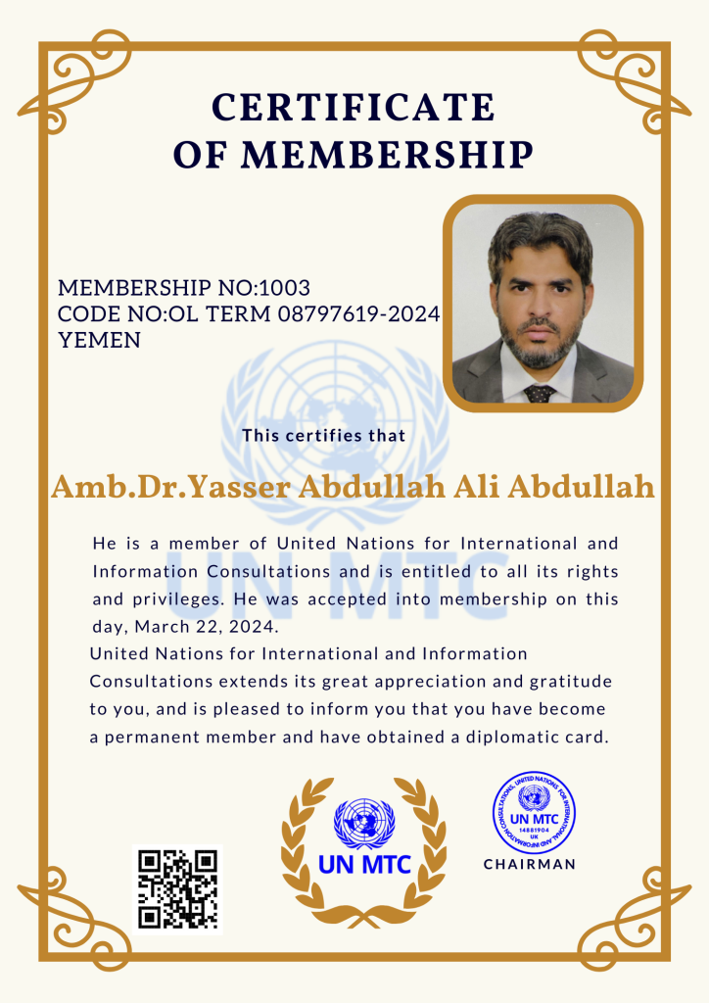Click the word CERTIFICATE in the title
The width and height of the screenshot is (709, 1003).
click(x=354, y=107)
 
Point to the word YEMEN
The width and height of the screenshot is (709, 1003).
click(x=99, y=341)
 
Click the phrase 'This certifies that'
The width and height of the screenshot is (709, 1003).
click(x=323, y=435)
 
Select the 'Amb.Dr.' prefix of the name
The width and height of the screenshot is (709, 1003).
click(x=118, y=487)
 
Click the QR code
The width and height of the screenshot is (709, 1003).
click(x=177, y=888)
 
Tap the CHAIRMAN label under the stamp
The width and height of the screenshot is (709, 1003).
click(x=530, y=865)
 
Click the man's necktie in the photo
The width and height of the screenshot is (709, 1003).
click(x=539, y=393)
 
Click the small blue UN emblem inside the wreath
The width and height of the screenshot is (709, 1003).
click(x=364, y=821)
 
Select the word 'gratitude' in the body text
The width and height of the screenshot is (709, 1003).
click(x=571, y=681)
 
